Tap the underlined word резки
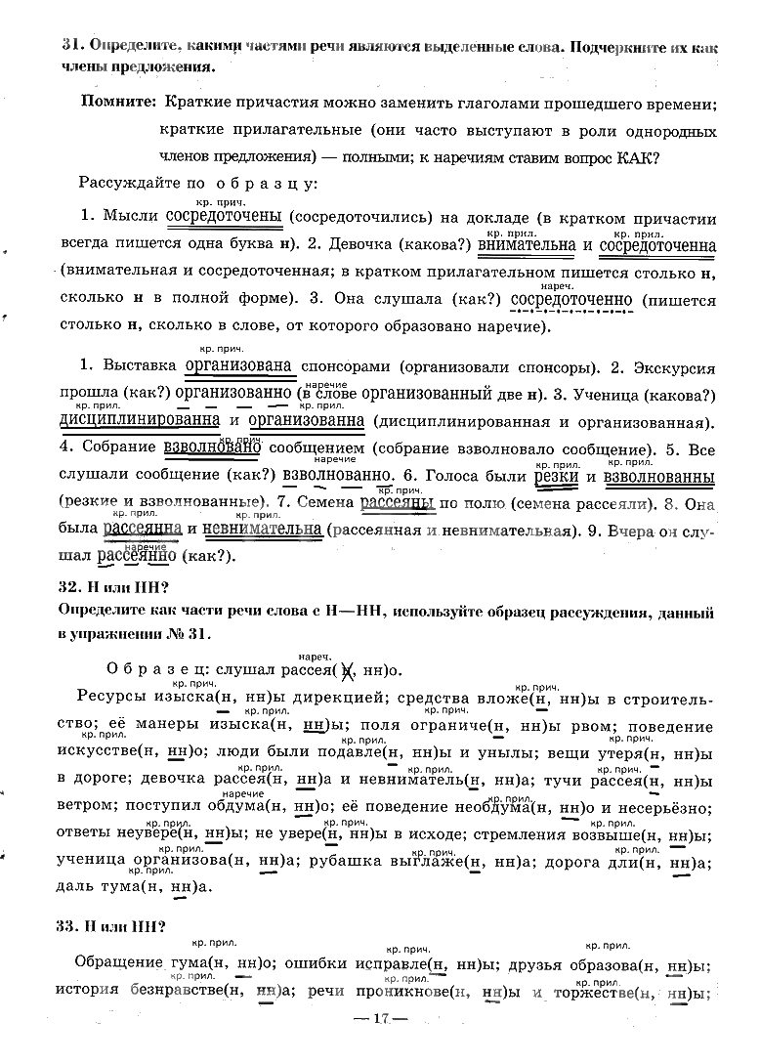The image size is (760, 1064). pos(554,478)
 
